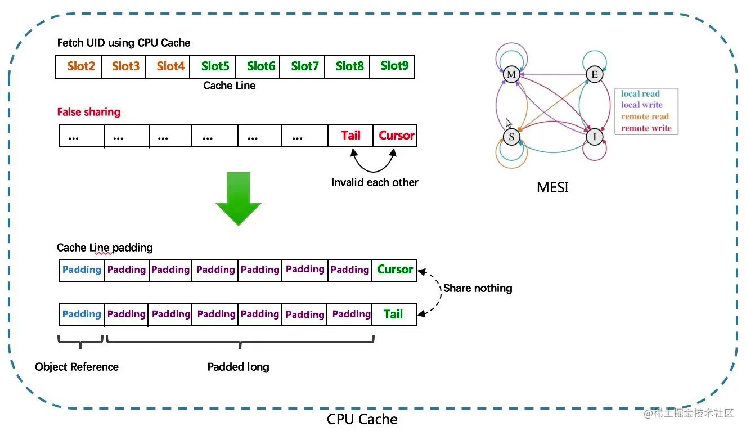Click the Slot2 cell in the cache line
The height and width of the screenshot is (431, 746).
(x=79, y=66)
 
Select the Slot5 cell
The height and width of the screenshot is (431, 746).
(x=213, y=66)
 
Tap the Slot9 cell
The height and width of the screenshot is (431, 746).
(x=392, y=66)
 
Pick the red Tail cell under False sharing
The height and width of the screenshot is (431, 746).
(x=350, y=136)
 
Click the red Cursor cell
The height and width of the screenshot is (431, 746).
(x=395, y=136)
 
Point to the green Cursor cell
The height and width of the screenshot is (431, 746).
(x=394, y=270)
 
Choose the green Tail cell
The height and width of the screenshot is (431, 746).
(x=394, y=314)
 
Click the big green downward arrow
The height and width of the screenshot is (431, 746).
(x=238, y=199)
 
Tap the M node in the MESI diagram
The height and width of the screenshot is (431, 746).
(x=511, y=74)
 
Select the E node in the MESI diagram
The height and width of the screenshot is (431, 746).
(x=595, y=74)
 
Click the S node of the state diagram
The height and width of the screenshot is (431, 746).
(x=511, y=137)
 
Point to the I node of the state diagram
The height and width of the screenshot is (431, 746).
(x=595, y=137)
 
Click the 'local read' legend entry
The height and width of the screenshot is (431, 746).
(x=640, y=93)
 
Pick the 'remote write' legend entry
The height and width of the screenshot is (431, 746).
(x=646, y=128)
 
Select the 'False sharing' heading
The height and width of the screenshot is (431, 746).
(x=88, y=112)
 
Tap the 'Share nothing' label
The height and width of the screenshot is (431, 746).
(x=478, y=288)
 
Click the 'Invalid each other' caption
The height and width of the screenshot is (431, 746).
(x=375, y=182)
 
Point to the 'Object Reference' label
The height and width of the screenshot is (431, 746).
(x=77, y=367)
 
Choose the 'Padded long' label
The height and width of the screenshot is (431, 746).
(x=238, y=367)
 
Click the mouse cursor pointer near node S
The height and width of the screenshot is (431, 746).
(x=508, y=123)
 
